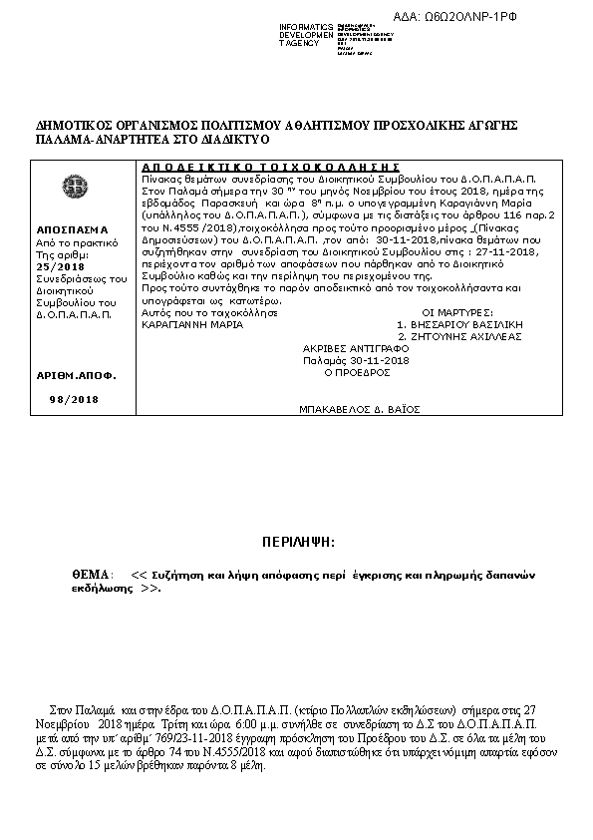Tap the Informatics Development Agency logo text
point(305,35)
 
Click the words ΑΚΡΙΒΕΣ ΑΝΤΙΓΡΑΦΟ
point(356,349)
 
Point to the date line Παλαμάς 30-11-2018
point(356,360)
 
